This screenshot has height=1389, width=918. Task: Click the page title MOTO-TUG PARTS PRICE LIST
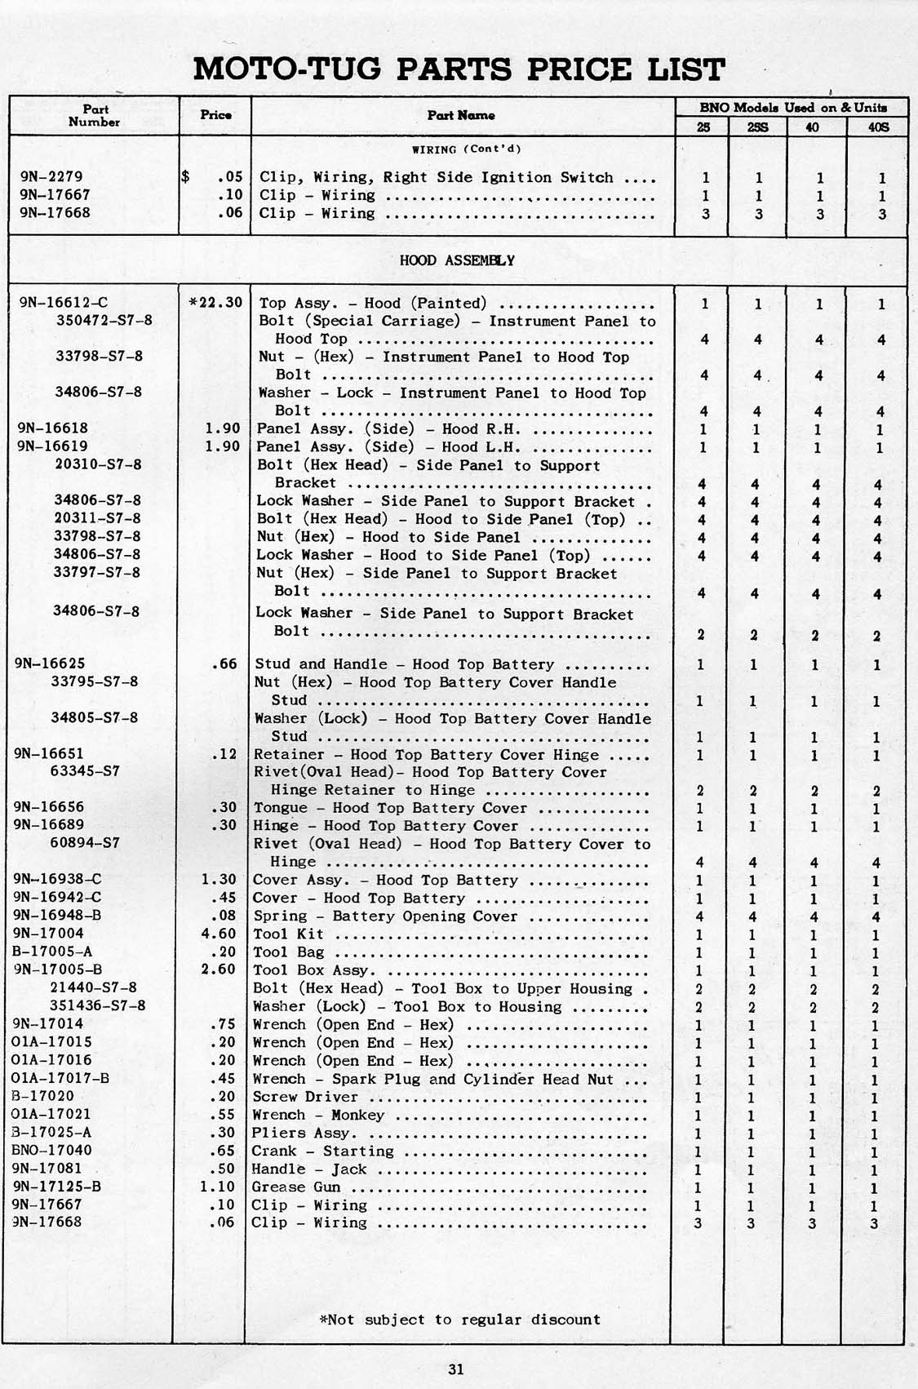pyautogui.click(x=459, y=69)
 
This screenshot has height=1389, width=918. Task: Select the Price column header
pyautogui.click(x=215, y=115)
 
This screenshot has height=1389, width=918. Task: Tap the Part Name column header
pyautogui.click(x=461, y=115)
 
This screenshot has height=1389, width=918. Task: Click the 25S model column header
pyautogui.click(x=757, y=127)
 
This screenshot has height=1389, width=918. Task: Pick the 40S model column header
pyautogui.click(x=878, y=127)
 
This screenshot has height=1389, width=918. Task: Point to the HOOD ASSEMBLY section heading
pyautogui.click(x=457, y=260)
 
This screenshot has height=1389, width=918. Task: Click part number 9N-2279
pyautogui.click(x=51, y=176)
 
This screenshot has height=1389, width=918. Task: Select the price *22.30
pyautogui.click(x=215, y=302)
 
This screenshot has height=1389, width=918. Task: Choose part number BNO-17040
pyautogui.click(x=52, y=1151)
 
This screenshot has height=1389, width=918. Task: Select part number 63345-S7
pyautogui.click(x=86, y=771)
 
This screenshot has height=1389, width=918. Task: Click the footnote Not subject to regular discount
pyautogui.click(x=461, y=1319)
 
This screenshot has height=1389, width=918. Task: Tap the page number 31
pyautogui.click(x=456, y=1369)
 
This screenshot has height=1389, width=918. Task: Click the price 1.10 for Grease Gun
pyautogui.click(x=217, y=1187)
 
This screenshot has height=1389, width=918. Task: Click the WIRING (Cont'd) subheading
pyautogui.click(x=466, y=149)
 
